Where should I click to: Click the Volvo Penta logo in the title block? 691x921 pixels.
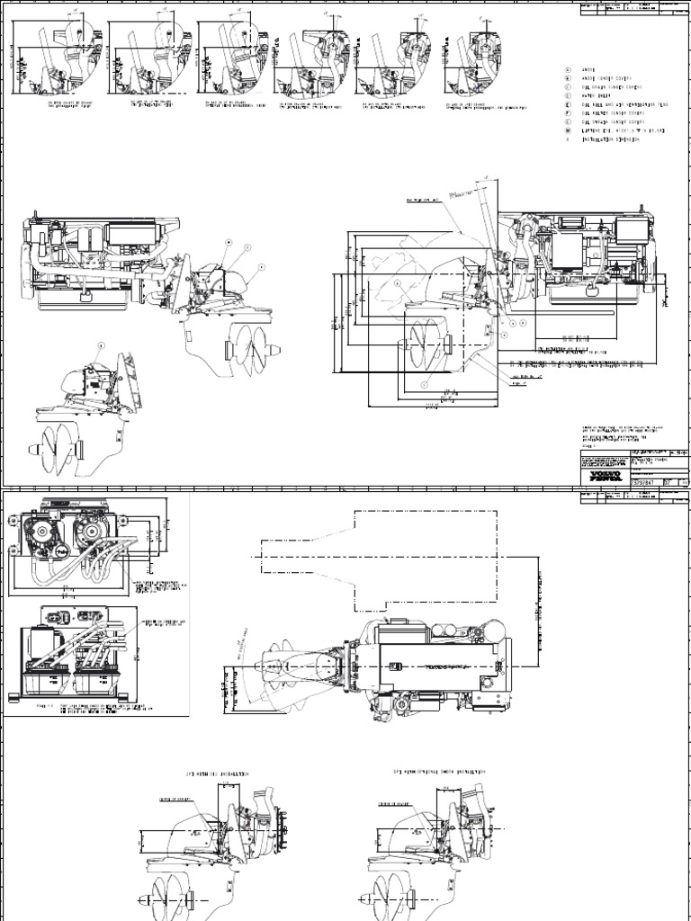pos(597,474)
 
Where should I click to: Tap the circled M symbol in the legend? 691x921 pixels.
pos(568,131)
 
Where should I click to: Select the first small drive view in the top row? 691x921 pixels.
pos(55,59)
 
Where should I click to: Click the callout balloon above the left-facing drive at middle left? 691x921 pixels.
pos(102,344)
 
